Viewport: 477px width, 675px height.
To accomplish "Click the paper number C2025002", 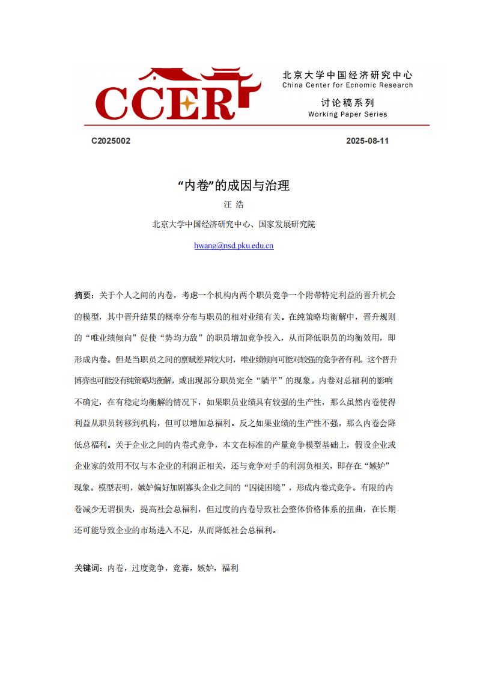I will click(111, 141).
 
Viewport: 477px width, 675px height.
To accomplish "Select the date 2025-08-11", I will click(368, 141).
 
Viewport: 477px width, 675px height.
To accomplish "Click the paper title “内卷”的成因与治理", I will click(234, 186).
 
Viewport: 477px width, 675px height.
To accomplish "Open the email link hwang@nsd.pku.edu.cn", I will click(234, 245).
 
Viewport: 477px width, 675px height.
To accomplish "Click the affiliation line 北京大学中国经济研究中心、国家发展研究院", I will click(234, 225).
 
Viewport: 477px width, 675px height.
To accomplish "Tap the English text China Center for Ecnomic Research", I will click(347, 85).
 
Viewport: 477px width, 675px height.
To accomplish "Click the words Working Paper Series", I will click(347, 114).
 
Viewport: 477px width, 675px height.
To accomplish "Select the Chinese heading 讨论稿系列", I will click(347, 103).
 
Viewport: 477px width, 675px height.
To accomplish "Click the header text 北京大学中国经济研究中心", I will click(347, 75).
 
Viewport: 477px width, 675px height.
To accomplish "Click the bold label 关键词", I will click(88, 567).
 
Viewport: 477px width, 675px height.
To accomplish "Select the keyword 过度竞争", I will click(148, 567).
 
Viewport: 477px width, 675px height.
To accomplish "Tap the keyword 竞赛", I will click(181, 567).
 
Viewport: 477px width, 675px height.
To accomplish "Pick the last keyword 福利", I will click(230, 567).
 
